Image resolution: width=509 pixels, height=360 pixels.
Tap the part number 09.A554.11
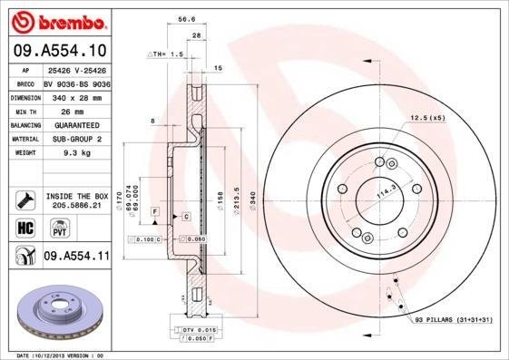[x=76, y=258]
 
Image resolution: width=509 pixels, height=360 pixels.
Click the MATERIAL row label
[x=24, y=139]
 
